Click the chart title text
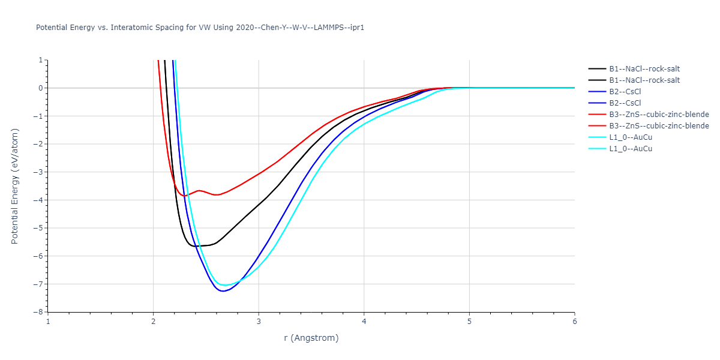pyautogui.click(x=200, y=28)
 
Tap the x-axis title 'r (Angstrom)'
pyautogui.click(x=311, y=338)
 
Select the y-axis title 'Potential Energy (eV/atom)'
pyautogui.click(x=15, y=186)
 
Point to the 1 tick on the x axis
pyautogui.click(x=48, y=321)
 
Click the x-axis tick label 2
pyautogui.click(x=154, y=321)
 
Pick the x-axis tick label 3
pyautogui.click(x=259, y=321)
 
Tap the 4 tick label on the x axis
pyautogui.click(x=364, y=321)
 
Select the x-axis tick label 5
pyautogui.click(x=469, y=321)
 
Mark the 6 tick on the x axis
pyautogui.click(x=575, y=321)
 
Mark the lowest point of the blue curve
pyautogui.click(x=223, y=291)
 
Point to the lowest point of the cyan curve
pyautogui.click(x=226, y=285)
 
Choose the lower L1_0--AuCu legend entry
pyautogui.click(x=631, y=149)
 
